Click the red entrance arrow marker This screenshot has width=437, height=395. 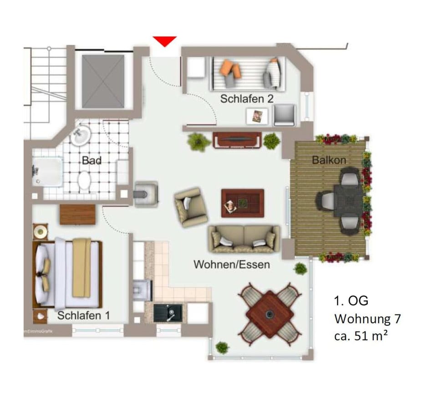click(164, 41)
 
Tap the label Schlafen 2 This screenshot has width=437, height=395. click(247, 99)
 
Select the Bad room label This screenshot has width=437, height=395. click(91, 160)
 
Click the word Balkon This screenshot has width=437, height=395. click(329, 160)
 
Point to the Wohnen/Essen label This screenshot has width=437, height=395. click(232, 264)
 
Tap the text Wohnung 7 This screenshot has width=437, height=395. click(367, 319)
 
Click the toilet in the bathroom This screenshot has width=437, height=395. click(85, 180)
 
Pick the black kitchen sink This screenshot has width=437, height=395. click(168, 313)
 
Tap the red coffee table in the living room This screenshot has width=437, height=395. click(243, 203)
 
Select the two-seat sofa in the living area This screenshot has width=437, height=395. click(244, 238)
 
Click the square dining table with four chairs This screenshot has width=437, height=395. click(269, 314)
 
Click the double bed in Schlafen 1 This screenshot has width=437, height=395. click(68, 274)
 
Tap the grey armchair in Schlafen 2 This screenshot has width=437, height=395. click(285, 115)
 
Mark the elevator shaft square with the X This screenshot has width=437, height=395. click(103, 81)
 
